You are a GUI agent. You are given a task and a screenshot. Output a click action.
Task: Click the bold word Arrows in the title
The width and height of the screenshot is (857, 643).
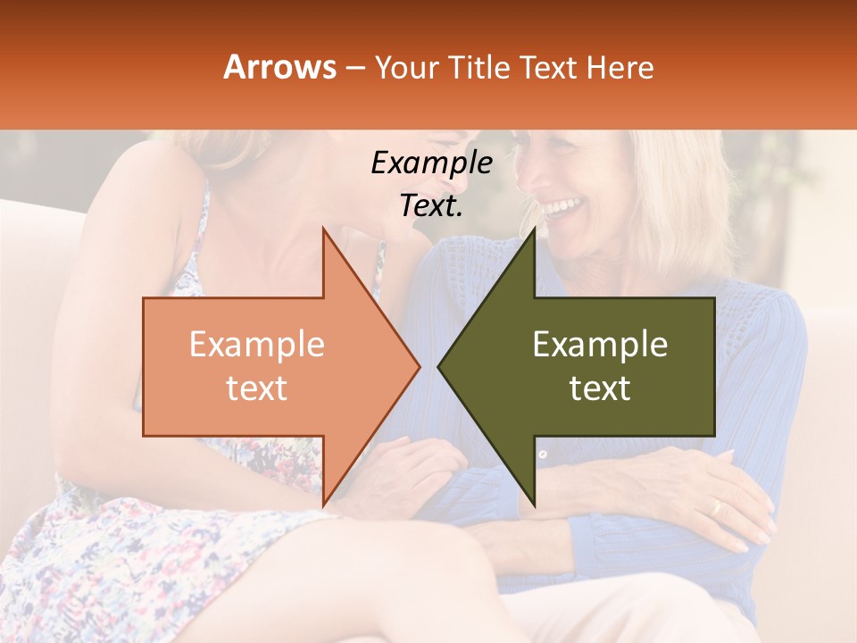tap(280, 67)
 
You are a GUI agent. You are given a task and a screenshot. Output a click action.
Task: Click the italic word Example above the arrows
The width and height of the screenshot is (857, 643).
tap(431, 163)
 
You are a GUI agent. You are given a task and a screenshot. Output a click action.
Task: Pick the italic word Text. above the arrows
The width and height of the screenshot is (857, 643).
tap(431, 205)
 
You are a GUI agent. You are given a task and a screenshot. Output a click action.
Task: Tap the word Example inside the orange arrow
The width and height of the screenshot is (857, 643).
tap(257, 345)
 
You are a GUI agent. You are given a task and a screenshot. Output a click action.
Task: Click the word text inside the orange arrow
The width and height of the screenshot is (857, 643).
tap(257, 388)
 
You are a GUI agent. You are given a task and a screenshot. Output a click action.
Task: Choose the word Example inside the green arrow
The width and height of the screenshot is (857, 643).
tap(600, 345)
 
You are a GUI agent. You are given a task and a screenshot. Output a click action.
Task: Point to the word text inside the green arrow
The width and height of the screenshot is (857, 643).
tap(600, 388)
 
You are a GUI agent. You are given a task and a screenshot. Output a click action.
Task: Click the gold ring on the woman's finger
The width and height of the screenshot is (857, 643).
tap(714, 507)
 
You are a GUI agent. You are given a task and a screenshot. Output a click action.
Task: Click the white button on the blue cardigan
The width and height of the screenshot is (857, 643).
tap(543, 455)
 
